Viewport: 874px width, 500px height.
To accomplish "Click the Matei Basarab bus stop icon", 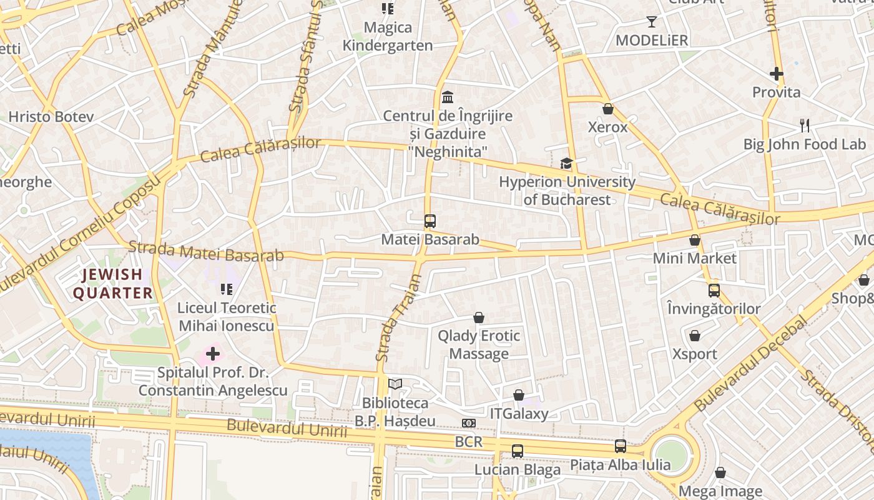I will (x=430, y=221).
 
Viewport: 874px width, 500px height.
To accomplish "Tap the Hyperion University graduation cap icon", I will (x=566, y=164).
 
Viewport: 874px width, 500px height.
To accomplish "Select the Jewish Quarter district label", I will (x=113, y=284).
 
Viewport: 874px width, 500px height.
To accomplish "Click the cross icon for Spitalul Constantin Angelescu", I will (x=213, y=354).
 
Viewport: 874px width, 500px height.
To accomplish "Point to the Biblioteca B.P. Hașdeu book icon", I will (x=395, y=384).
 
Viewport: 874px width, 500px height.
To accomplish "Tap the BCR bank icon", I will (x=469, y=423).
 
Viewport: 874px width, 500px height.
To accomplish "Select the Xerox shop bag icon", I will (x=608, y=109).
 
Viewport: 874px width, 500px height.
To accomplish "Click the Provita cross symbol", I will (x=777, y=74).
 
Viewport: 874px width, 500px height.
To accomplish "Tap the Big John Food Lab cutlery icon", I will (x=805, y=126).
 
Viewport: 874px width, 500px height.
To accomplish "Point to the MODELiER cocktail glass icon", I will (x=652, y=22).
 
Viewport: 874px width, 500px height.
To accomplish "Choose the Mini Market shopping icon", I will (x=695, y=240).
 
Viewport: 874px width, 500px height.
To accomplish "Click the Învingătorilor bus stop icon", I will (x=714, y=290).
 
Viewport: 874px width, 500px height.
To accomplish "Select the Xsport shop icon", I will (x=695, y=336).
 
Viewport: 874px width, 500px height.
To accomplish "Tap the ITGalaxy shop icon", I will (x=519, y=395).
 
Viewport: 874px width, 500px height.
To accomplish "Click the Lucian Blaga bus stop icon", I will (x=518, y=451).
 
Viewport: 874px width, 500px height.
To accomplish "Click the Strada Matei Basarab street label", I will (x=206, y=251).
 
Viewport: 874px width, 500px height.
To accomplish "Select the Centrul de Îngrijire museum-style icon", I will (x=448, y=97).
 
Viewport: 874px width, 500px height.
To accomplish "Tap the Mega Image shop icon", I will (x=720, y=472).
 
